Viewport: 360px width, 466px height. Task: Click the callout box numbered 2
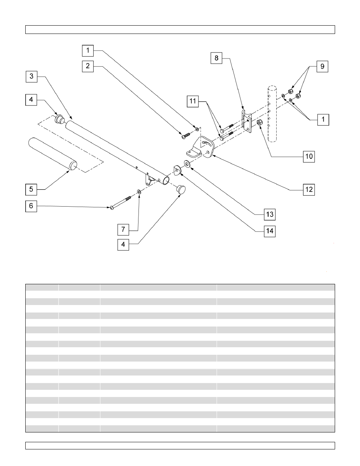[88, 66]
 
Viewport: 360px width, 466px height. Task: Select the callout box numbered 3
[31, 77]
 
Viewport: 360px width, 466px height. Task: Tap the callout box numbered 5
[31, 189]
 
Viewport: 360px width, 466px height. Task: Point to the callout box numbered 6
[31, 206]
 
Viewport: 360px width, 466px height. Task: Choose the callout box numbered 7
[123, 229]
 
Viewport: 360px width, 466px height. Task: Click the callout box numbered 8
[216, 58]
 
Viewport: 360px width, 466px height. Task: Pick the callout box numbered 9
[322, 66]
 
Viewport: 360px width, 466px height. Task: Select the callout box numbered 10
[309, 156]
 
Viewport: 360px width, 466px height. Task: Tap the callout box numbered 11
[193, 101]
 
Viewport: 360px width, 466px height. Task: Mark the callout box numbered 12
[309, 189]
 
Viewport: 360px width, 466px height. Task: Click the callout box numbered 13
[269, 215]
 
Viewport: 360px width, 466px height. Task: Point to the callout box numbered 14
[269, 231]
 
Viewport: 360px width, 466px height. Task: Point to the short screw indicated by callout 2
[185, 135]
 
